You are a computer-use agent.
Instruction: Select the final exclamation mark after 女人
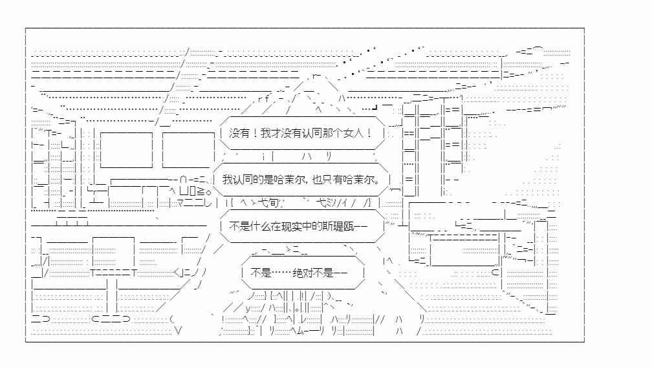click(369, 133)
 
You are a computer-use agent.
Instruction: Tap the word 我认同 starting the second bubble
click(237, 180)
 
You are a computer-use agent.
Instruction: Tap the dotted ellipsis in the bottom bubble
click(281, 273)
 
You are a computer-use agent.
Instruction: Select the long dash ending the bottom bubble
click(340, 273)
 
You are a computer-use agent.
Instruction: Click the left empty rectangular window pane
click(126, 150)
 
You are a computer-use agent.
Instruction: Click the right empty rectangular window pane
click(188, 150)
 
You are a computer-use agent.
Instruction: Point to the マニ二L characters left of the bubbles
click(195, 203)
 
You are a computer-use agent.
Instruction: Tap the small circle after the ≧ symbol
click(208, 192)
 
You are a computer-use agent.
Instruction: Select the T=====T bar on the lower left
click(114, 273)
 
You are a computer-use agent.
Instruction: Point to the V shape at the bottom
click(178, 331)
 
